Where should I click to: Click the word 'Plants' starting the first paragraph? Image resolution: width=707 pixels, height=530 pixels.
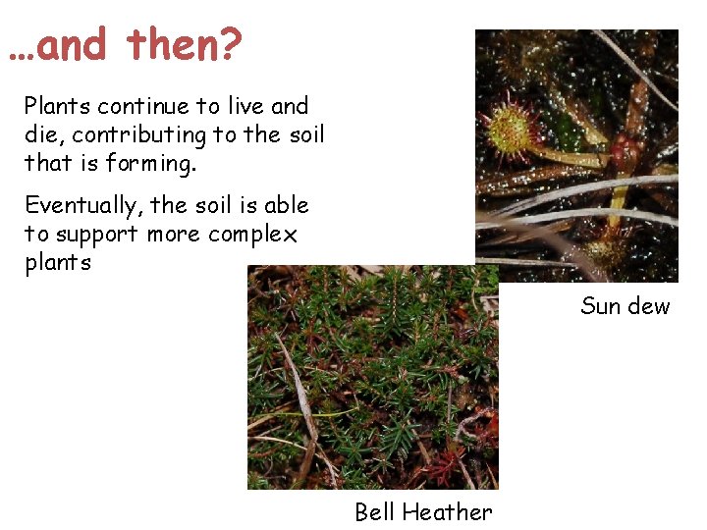click(x=57, y=106)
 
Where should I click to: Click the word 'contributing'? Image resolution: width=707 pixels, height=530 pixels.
click(x=138, y=135)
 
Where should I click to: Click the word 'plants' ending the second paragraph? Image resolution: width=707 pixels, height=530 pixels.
click(x=58, y=263)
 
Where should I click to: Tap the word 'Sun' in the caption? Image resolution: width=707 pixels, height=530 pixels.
click(x=601, y=306)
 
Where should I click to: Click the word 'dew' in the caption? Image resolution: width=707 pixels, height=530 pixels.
click(x=649, y=306)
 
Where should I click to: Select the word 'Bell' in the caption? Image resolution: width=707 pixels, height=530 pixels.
click(x=374, y=512)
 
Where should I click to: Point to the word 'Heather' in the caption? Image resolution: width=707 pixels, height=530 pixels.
click(x=447, y=512)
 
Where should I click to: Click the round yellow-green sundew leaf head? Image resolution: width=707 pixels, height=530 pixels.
click(x=510, y=130)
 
